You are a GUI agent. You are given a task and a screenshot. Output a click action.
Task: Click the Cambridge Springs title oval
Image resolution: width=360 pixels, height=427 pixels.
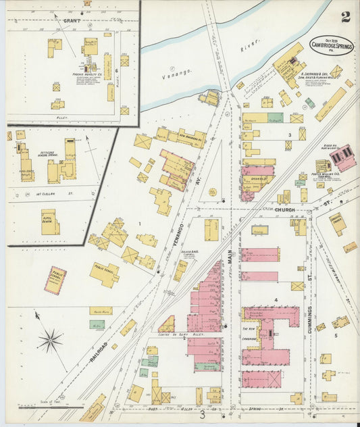click(330, 45)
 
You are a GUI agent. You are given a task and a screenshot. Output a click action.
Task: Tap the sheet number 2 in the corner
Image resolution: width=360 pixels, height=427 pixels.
click(346, 17)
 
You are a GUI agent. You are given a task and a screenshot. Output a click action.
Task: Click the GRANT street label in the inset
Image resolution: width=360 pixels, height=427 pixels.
click(72, 20)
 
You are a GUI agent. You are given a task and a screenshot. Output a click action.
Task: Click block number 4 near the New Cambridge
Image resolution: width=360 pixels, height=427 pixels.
click(276, 299)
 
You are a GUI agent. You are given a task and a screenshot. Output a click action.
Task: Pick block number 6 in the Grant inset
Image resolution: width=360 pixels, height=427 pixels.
click(116, 70)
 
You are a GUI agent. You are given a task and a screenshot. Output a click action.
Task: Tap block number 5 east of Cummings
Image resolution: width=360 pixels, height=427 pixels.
click(334, 334)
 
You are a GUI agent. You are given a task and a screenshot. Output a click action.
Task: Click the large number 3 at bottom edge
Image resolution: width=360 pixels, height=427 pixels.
click(201, 415)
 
